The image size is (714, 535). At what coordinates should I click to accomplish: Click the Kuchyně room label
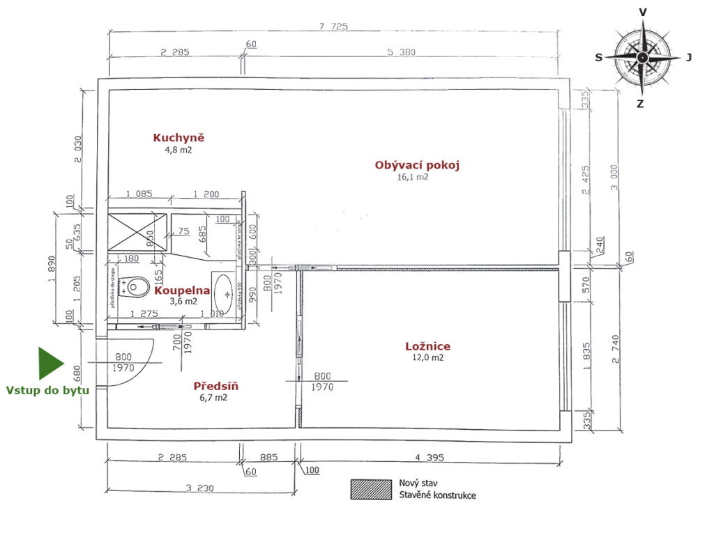(x=179, y=137)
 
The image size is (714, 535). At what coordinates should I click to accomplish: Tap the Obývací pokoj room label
(x=417, y=165)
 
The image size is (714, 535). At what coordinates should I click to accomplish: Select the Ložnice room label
(x=427, y=346)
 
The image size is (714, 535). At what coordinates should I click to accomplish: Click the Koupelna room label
(x=182, y=290)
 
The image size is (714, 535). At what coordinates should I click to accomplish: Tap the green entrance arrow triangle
(x=50, y=363)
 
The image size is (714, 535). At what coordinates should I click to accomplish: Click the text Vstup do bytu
(x=47, y=390)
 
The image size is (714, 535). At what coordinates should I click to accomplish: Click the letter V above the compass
(x=642, y=12)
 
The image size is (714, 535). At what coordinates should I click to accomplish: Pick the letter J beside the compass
(x=689, y=58)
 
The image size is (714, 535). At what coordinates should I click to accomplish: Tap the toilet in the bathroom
(x=135, y=286)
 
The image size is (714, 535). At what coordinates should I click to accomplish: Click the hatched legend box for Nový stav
(x=370, y=489)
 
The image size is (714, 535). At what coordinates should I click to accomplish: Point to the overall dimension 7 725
(x=333, y=26)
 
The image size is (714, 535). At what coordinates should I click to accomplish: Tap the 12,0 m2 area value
(x=427, y=358)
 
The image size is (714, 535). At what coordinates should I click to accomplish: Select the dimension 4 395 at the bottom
(x=430, y=458)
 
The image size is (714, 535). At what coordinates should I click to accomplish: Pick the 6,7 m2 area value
(x=213, y=398)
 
